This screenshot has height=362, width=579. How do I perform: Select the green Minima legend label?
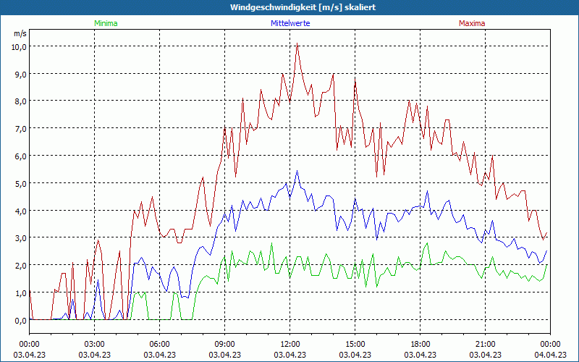(106, 23)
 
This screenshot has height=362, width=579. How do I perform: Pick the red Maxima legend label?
(472, 23)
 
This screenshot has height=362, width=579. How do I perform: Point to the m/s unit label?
(20, 33)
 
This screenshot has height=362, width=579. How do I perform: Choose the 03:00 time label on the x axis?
(95, 344)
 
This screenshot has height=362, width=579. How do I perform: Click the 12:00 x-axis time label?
(290, 344)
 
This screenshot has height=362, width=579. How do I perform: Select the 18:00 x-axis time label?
(420, 344)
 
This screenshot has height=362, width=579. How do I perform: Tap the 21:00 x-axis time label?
(486, 344)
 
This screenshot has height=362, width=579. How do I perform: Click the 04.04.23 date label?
(550, 355)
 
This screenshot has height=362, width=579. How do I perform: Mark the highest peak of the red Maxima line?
(297, 43)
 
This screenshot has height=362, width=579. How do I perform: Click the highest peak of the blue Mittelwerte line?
(297, 171)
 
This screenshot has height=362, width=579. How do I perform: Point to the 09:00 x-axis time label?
(225, 344)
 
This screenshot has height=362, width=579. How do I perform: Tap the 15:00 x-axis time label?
(355, 344)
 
